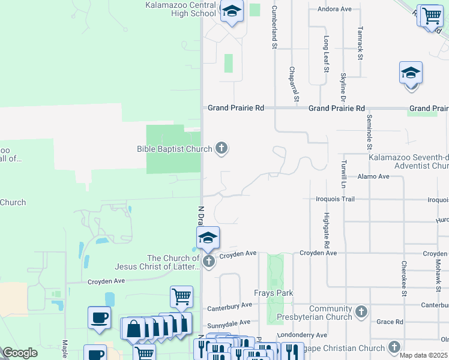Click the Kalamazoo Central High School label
[x=181, y=9]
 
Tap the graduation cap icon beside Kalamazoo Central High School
[x=231, y=11]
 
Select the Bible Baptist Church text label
[x=175, y=149]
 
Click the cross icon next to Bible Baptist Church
[x=221, y=148]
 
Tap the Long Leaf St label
[x=327, y=53]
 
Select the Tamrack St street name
[x=360, y=43]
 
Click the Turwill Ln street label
[x=344, y=174]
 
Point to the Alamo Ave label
[x=373, y=176]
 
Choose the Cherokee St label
[x=404, y=278]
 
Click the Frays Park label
[x=273, y=293]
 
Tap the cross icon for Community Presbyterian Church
[x=361, y=311]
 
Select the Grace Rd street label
[x=390, y=322]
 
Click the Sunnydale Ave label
[x=228, y=322]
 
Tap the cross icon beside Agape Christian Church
[x=394, y=347]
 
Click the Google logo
[x=20, y=353]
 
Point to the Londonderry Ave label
[x=303, y=335]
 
